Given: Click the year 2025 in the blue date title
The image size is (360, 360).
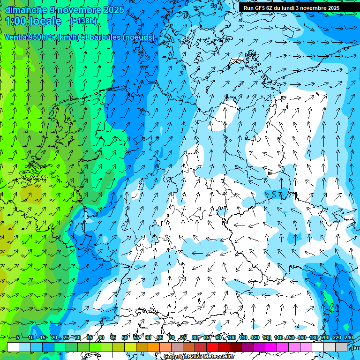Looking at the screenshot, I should pos(113,10).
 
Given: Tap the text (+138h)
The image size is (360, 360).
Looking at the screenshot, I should pos(83,21).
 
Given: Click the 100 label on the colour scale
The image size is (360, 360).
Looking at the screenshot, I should pos(231,338).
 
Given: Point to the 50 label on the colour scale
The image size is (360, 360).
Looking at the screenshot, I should pos(125,338).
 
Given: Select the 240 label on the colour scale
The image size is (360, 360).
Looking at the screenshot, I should pos(348,338).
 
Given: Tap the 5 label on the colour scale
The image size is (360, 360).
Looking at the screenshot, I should pos(18,338).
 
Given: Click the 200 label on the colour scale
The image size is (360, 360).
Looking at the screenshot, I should pos(325,338).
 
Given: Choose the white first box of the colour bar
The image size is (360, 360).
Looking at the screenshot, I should pos(13,347).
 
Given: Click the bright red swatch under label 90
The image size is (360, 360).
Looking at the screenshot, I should pos(212,347).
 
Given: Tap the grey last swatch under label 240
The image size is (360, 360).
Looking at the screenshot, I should pos(341,347).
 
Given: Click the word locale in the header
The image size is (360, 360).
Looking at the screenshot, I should pos(45,21).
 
